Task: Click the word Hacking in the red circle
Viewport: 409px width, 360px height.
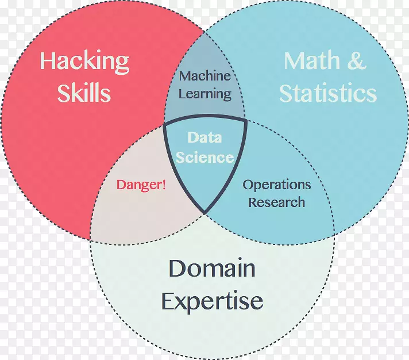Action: (84, 62)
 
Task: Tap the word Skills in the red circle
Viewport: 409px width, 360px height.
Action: (84, 93)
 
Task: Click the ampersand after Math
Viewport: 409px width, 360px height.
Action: (356, 61)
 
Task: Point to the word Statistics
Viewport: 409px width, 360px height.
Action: (327, 93)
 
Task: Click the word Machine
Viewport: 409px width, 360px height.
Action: (205, 76)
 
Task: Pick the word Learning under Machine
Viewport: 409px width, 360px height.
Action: (205, 93)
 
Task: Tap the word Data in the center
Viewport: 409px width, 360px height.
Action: (205, 138)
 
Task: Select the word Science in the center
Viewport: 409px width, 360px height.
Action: (205, 157)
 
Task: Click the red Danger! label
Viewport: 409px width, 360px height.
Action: (141, 185)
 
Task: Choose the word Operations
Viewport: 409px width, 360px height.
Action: (276, 185)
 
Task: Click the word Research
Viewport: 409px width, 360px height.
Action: (276, 202)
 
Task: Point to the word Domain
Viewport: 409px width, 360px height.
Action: (212, 268)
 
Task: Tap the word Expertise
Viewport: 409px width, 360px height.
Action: (212, 301)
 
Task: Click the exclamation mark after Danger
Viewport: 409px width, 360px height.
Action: (164, 185)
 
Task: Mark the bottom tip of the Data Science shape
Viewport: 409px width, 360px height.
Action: (205, 213)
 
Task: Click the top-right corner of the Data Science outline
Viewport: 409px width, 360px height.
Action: (246, 121)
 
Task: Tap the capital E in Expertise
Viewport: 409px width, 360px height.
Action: (167, 301)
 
